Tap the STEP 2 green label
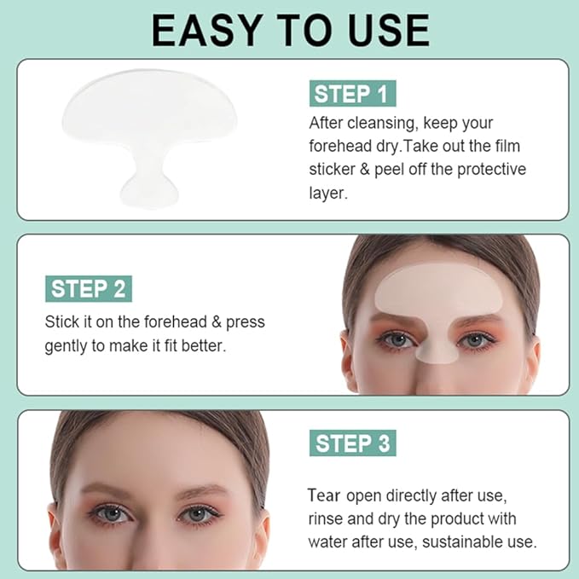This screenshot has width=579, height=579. point(90,288)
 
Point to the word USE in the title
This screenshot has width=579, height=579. point(383,30)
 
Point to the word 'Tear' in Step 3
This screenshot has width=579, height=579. point(324,495)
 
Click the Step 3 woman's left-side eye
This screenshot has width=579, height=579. point(111,515)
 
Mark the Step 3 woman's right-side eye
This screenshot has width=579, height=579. point(195,515)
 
